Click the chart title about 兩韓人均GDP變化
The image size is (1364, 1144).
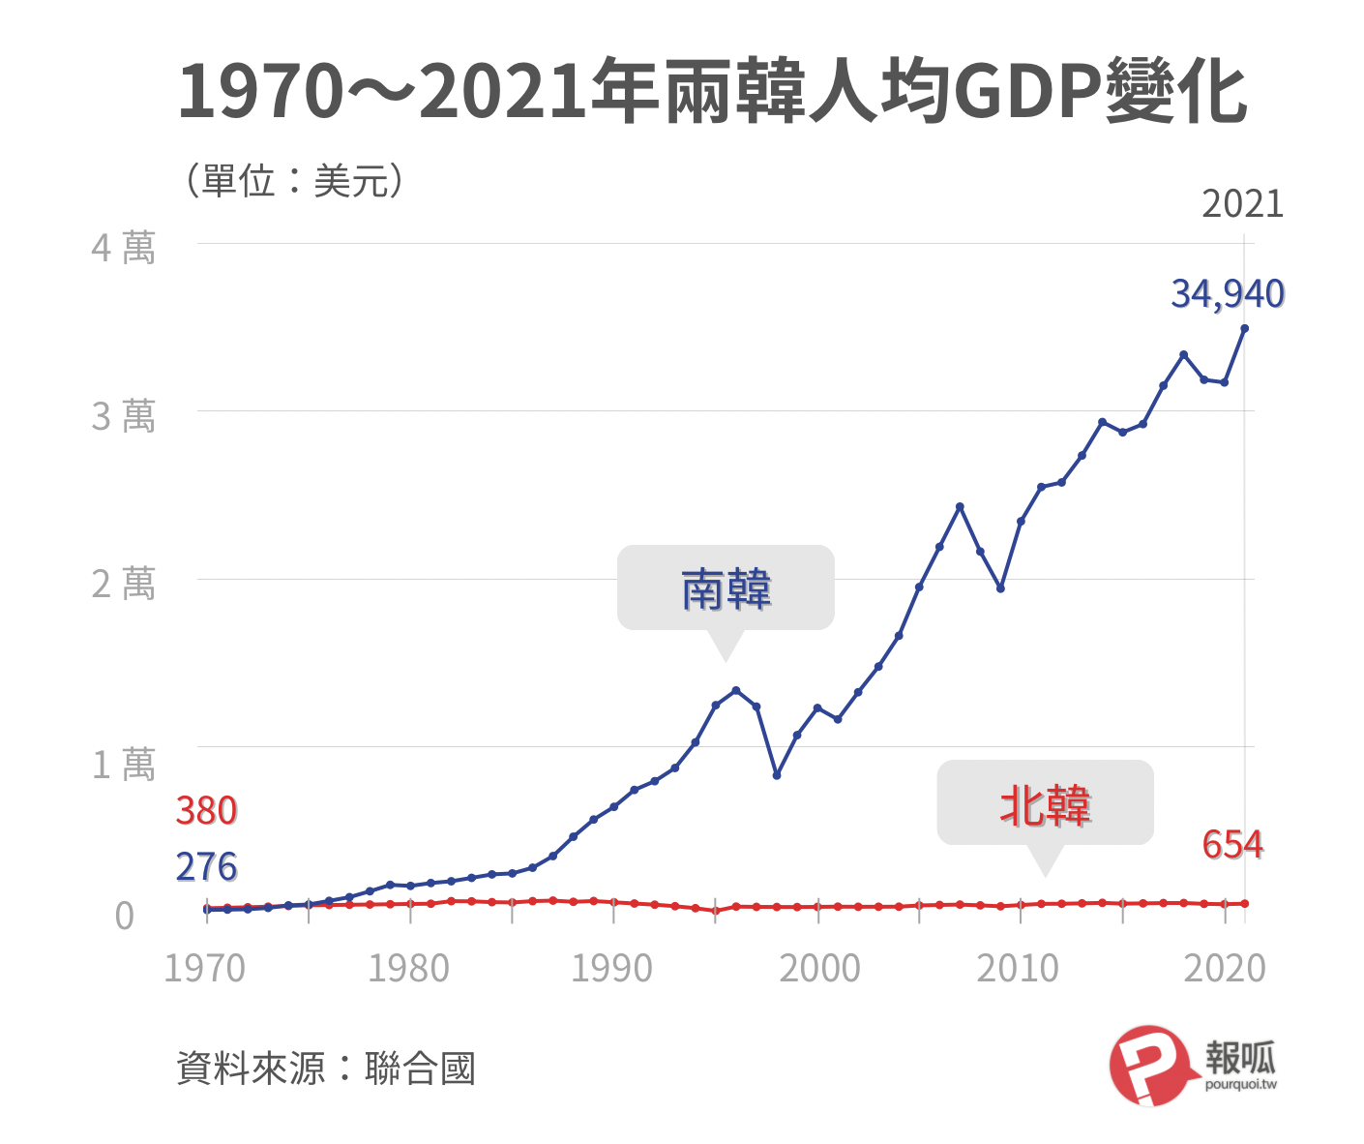712,93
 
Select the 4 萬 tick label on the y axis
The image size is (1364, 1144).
123,248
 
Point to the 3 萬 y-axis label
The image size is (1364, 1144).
123,416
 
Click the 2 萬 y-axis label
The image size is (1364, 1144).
123,585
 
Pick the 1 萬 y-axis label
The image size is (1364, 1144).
123,765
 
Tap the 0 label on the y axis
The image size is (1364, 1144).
124,915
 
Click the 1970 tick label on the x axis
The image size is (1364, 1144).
204,968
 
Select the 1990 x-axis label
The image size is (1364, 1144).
611,968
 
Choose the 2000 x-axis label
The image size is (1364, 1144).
819,968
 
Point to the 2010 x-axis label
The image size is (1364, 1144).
1018,968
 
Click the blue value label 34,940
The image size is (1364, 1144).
1228,294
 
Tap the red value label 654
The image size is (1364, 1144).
1232,845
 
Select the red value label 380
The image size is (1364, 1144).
206,811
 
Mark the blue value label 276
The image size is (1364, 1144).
206,867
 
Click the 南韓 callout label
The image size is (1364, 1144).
726,589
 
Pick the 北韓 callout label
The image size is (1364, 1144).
1045,805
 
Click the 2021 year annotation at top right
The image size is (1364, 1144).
1242,204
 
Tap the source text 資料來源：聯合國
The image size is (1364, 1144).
326,1069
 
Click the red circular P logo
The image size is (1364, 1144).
1148,1066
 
